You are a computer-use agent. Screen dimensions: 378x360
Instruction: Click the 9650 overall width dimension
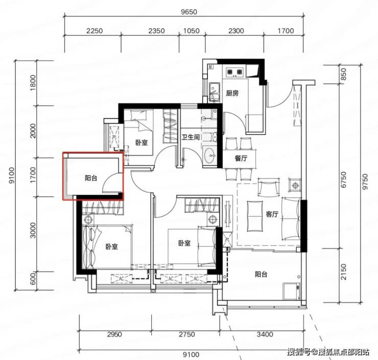pyautogui.click(x=189, y=12)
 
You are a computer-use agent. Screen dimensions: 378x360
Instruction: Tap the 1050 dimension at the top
pyautogui.click(x=192, y=31)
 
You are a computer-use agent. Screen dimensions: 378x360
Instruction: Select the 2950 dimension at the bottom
pyautogui.click(x=114, y=334)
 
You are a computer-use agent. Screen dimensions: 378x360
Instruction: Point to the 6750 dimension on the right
pyautogui.click(x=344, y=179)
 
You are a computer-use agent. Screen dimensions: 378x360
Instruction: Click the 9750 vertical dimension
pyautogui.click(x=365, y=182)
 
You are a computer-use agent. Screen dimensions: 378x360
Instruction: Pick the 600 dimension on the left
pyautogui.click(x=33, y=278)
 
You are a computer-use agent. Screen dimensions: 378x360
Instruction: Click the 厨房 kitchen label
pyautogui.click(x=232, y=93)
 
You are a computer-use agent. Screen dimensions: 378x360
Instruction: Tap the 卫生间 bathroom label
pyautogui.click(x=191, y=137)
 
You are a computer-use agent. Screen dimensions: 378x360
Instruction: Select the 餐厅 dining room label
pyautogui.click(x=241, y=159)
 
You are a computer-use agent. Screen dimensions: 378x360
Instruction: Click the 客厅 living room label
pyautogui.click(x=272, y=214)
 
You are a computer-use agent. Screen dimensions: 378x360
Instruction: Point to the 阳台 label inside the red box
pyautogui.click(x=91, y=178)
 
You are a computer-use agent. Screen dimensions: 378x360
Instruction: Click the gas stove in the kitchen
pyautogui.click(x=234, y=72)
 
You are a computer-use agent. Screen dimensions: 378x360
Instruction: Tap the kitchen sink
pyautogui.click(x=215, y=92)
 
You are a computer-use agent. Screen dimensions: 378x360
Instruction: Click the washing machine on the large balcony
pyautogui.click(x=292, y=291)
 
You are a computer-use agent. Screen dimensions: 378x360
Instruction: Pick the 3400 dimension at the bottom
pyautogui.click(x=265, y=334)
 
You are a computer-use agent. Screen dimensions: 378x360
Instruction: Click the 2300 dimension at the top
pyautogui.click(x=236, y=31)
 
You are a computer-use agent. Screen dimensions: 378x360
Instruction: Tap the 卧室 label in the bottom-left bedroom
pyautogui.click(x=112, y=246)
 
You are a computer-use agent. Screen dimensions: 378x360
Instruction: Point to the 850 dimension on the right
pyautogui.click(x=344, y=74)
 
